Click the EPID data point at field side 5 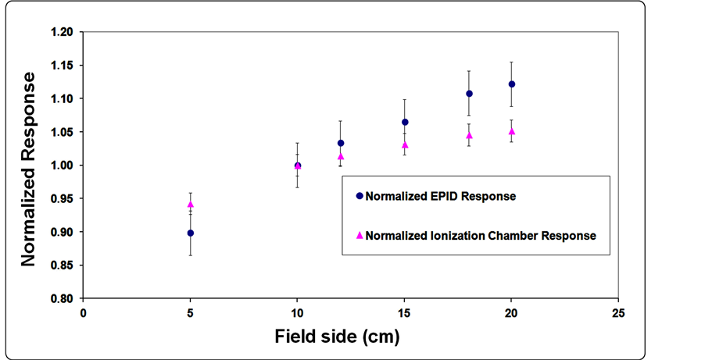pyautogui.click(x=191, y=233)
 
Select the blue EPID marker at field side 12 pyautogui.click(x=341, y=143)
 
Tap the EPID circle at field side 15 pyautogui.click(x=405, y=122)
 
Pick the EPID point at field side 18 pyautogui.click(x=469, y=94)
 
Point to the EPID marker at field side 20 pyautogui.click(x=512, y=84)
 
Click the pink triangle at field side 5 pyautogui.click(x=191, y=205)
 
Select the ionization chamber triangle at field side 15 pyautogui.click(x=405, y=144)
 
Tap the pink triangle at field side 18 pyautogui.click(x=469, y=135)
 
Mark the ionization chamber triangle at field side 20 pyautogui.click(x=512, y=131)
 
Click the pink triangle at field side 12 pyautogui.click(x=341, y=156)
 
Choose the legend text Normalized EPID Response pyautogui.click(x=440, y=197)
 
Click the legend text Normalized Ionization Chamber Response pyautogui.click(x=481, y=235)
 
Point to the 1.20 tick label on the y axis pyautogui.click(x=63, y=32)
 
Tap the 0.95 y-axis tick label pyautogui.click(x=63, y=198)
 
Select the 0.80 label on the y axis pyautogui.click(x=63, y=298)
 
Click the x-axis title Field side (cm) pyautogui.click(x=337, y=337)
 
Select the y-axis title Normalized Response pyautogui.click(x=29, y=169)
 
